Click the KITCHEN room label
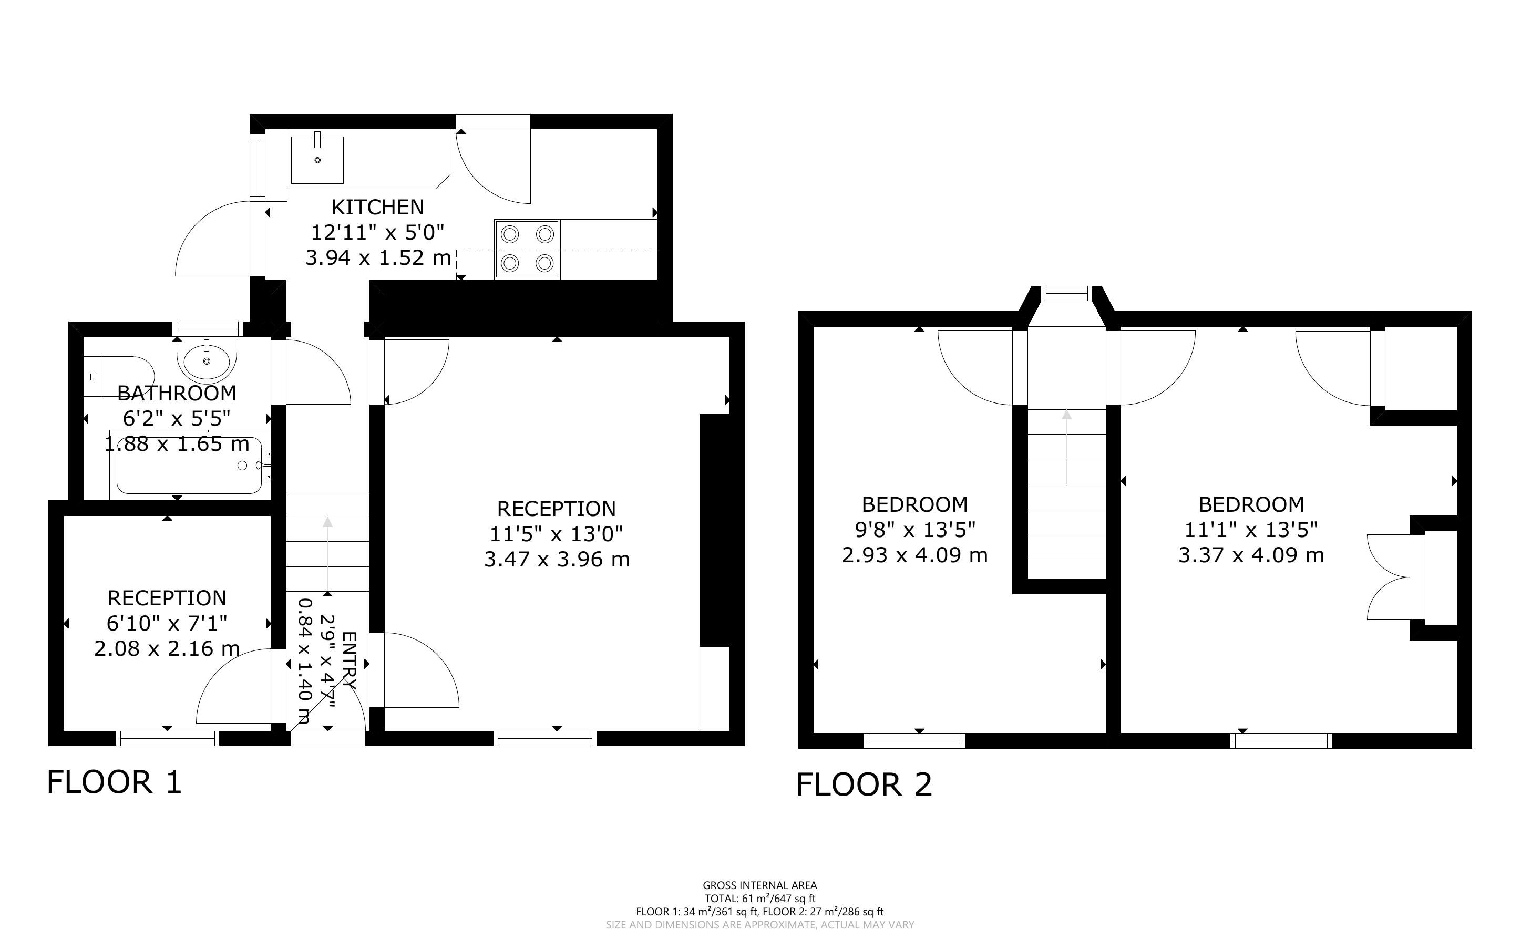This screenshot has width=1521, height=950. (x=377, y=206)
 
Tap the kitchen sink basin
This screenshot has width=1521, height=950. (x=317, y=160)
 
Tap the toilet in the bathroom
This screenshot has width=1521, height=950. (x=119, y=376)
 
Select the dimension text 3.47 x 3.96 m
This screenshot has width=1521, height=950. (x=557, y=559)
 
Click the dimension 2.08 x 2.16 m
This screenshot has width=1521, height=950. (x=167, y=648)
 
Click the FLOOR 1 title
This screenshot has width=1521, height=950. (x=115, y=782)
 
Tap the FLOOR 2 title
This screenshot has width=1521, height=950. (x=864, y=785)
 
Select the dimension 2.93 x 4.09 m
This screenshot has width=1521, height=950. (x=914, y=555)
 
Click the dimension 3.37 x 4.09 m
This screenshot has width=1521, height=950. (x=1251, y=555)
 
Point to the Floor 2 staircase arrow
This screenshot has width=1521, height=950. (x=1067, y=447)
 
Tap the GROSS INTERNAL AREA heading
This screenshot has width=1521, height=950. (x=759, y=886)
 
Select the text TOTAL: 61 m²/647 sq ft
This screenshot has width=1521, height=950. (x=759, y=899)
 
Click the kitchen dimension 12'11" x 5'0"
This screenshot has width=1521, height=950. (x=377, y=232)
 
